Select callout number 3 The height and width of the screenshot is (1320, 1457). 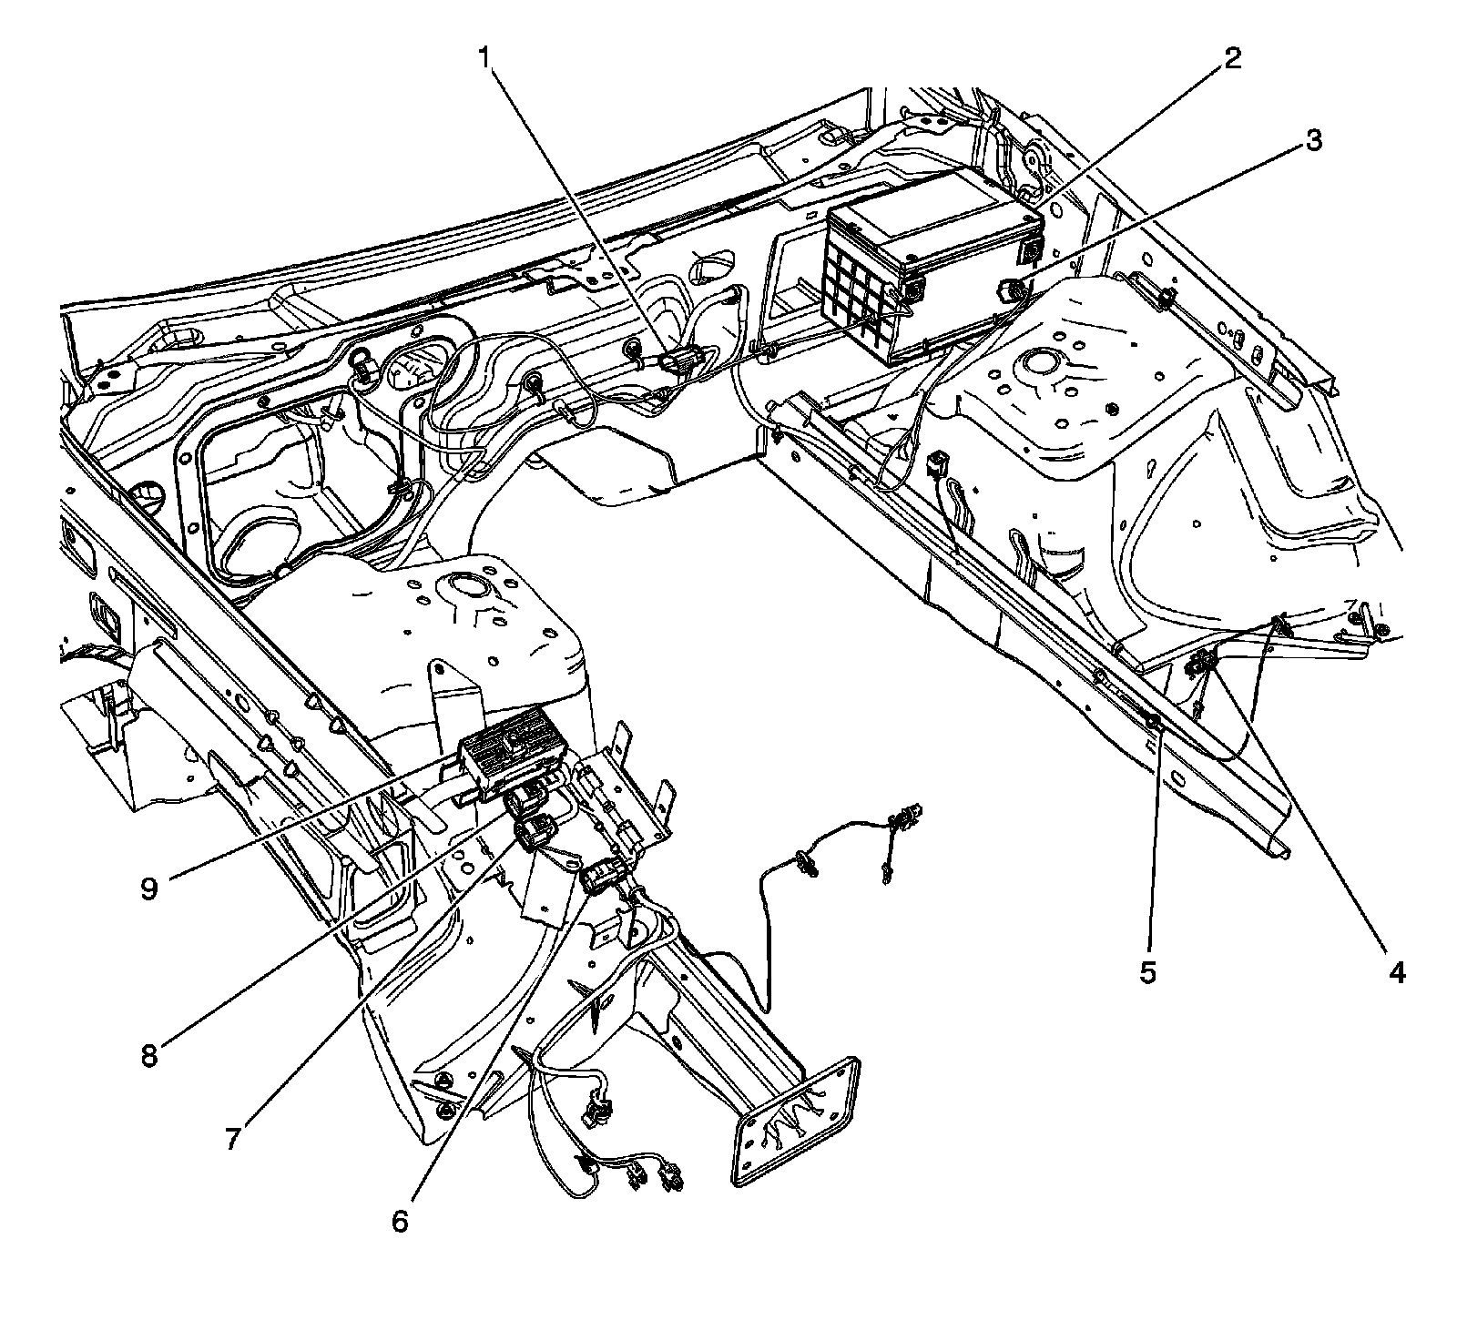point(1312,140)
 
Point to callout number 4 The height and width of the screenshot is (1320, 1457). point(1396,972)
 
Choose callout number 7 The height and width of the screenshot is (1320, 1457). point(234,1139)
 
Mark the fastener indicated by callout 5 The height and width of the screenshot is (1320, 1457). point(1153,723)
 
